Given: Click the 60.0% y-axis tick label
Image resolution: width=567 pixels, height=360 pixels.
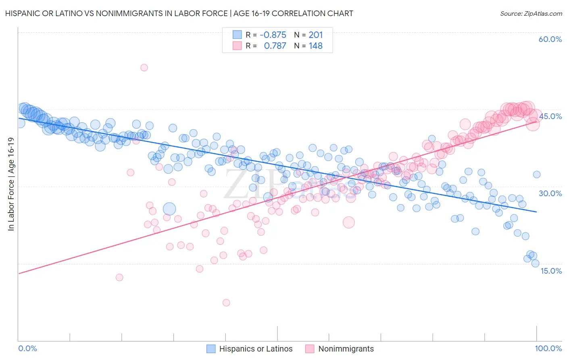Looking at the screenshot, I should point(550,40).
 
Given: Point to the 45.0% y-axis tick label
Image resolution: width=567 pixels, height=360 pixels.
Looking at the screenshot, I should point(550,117).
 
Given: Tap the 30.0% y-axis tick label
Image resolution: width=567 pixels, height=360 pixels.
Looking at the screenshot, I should point(550,194).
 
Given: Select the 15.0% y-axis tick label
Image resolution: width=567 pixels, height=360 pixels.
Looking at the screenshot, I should point(551,271).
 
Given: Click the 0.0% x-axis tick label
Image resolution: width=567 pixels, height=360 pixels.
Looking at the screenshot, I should point(28,349).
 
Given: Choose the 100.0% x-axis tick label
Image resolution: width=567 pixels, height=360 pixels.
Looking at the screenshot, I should point(548,349).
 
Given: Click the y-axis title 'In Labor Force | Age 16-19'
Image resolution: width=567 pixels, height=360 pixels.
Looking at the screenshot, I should point(11,184).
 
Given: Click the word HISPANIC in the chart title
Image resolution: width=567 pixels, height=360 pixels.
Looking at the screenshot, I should point(23,14).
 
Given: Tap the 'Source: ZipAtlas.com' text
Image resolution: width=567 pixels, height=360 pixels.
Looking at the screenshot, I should point(531,14).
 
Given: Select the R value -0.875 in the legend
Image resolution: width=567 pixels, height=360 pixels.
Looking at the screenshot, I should point(273,35).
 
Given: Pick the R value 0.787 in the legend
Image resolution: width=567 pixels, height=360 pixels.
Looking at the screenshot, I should point(275,46).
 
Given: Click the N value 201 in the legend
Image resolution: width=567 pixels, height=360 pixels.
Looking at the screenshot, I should point(316,35).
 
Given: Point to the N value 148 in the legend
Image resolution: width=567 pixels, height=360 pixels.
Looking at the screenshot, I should point(316,46).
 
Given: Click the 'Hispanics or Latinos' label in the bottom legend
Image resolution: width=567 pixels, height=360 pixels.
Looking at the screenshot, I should point(256,349).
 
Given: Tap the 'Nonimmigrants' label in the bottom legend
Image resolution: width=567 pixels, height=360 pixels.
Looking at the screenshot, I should point(346,349).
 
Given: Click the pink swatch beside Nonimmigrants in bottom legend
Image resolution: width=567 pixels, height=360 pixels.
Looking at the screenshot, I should point(310,349).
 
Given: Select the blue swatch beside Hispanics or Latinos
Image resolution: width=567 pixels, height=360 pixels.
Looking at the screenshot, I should point(211,349).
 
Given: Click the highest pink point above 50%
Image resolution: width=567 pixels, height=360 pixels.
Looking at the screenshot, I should point(144,68).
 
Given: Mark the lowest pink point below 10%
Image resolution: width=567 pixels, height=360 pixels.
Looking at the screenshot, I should point(226,303).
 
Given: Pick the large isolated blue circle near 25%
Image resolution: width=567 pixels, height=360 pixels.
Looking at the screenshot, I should point(169,209).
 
